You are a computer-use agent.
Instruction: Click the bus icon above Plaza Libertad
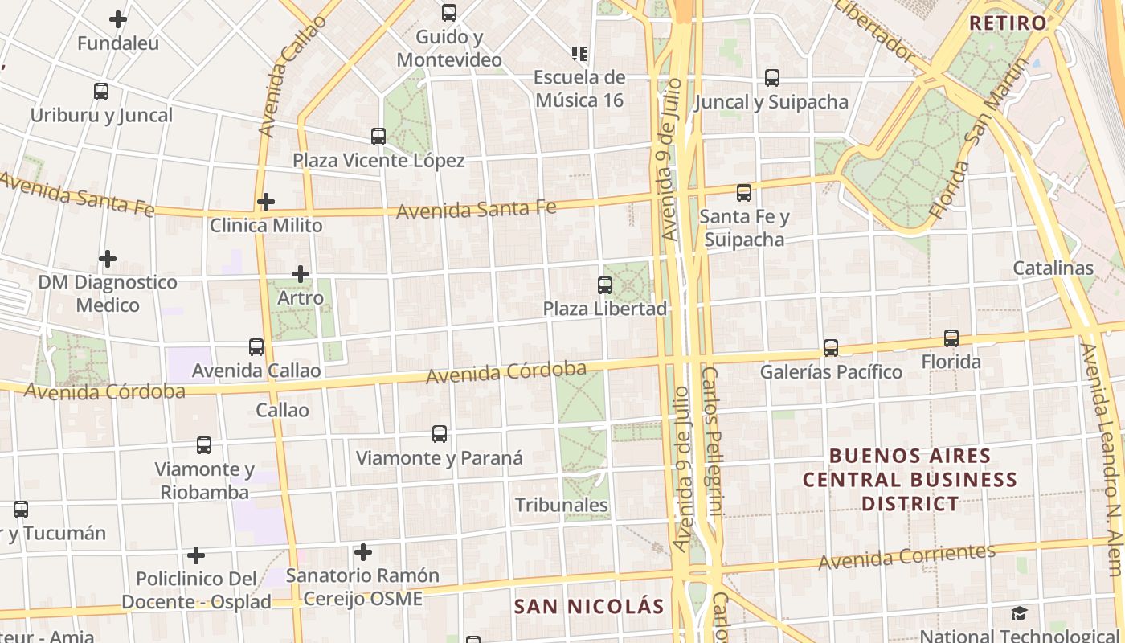tap(605, 285)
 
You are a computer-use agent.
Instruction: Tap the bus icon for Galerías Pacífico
tap(831, 348)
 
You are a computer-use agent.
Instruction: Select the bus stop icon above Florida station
tap(951, 338)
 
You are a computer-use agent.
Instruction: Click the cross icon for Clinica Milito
tap(266, 201)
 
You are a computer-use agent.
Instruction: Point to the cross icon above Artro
tap(301, 274)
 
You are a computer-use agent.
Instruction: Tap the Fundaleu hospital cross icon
tap(118, 19)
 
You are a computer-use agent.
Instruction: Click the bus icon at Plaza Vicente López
tap(378, 137)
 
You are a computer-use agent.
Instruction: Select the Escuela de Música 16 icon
tap(579, 54)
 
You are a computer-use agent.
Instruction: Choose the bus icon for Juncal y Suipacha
tap(772, 78)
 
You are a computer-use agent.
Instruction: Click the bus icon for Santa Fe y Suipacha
tap(744, 193)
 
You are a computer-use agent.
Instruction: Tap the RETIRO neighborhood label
tap(1008, 23)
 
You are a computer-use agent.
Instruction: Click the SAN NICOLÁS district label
tap(589, 606)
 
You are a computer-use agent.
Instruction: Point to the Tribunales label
tap(561, 505)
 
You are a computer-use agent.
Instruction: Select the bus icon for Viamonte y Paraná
tap(440, 434)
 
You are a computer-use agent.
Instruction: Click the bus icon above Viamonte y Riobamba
tap(204, 445)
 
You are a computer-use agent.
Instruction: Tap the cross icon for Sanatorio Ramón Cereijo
tap(363, 552)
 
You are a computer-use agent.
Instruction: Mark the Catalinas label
tap(1053, 268)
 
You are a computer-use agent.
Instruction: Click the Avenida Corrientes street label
tap(907, 556)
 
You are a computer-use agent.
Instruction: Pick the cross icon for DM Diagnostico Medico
tap(108, 259)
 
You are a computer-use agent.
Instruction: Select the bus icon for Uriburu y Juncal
tap(101, 92)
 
